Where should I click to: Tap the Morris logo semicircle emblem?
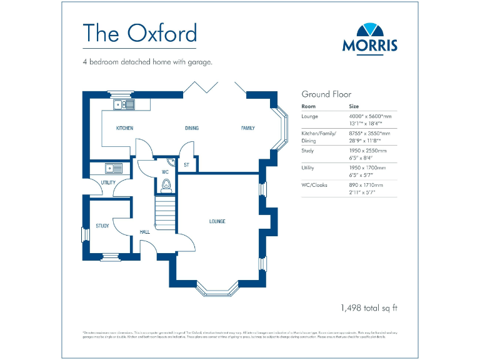369,30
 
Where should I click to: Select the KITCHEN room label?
124,128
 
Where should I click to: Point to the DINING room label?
191,128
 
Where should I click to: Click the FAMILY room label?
248,128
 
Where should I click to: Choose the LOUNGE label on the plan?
217,221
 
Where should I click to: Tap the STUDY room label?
102,226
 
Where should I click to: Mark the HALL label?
145,232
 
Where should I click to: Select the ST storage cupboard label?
186,166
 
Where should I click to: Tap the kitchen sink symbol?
124,104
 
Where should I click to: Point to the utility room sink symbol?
113,167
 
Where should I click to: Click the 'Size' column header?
354,106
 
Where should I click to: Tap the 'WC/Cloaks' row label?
314,185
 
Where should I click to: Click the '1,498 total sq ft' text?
369,307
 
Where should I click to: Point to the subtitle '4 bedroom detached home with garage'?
147,62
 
